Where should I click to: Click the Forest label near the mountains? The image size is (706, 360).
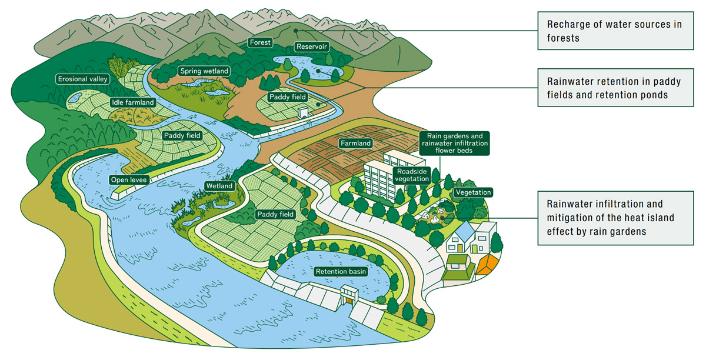(259, 42)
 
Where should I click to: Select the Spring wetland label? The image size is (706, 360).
(204, 71)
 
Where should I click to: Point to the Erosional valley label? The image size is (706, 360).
(83, 79)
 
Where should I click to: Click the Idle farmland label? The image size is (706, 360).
(132, 102)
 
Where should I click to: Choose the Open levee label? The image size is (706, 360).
(129, 179)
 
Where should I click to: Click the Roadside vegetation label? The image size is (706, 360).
(412, 175)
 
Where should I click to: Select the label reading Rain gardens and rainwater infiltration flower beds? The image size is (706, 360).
(454, 143)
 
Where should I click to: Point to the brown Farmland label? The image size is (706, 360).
(356, 143)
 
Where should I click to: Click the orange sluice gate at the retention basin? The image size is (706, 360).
(351, 302)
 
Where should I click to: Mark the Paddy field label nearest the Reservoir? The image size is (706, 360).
(287, 96)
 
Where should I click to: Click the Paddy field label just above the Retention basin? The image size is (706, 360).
(275, 215)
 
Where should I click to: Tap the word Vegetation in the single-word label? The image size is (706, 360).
(472, 192)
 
